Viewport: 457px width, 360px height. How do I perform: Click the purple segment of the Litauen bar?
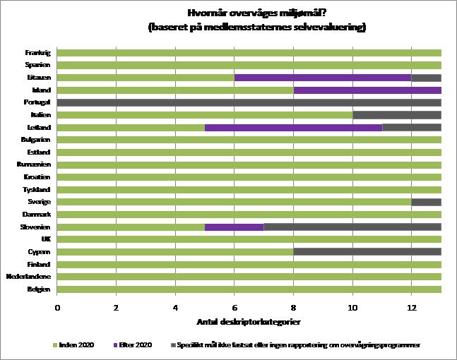pyautogui.click(x=323, y=78)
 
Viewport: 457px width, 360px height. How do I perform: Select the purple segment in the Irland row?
pyautogui.click(x=367, y=90)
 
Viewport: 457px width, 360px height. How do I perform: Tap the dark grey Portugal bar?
pyautogui.click(x=249, y=102)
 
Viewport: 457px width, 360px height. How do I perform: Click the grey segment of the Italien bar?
pyautogui.click(x=397, y=115)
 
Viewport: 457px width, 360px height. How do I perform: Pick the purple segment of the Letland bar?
pyautogui.click(x=293, y=128)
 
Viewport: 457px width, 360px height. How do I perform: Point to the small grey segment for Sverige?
pyautogui.click(x=426, y=202)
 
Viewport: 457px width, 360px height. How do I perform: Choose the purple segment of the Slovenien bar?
pyautogui.click(x=234, y=227)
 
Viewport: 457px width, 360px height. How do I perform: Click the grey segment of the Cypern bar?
pyautogui.click(x=367, y=251)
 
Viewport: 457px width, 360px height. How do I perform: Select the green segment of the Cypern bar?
pyautogui.click(x=175, y=251)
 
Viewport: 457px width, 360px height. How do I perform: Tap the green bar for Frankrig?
pyautogui.click(x=249, y=53)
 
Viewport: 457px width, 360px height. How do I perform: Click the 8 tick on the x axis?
pyautogui.click(x=293, y=307)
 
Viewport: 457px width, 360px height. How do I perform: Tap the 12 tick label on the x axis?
pyautogui.click(x=411, y=307)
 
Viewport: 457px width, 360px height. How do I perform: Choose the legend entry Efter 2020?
pyautogui.click(x=133, y=344)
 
